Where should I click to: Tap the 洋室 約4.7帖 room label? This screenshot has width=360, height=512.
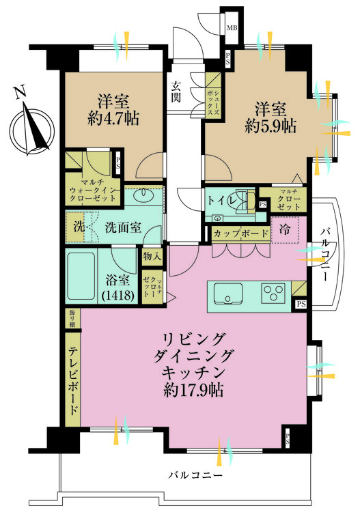[109, 107]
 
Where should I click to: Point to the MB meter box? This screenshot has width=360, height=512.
[232, 28]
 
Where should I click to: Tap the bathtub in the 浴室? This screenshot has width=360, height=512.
[82, 276]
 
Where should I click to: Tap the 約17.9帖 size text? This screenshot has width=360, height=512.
[186, 390]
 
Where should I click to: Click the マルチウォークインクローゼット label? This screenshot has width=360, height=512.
[95, 188]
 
